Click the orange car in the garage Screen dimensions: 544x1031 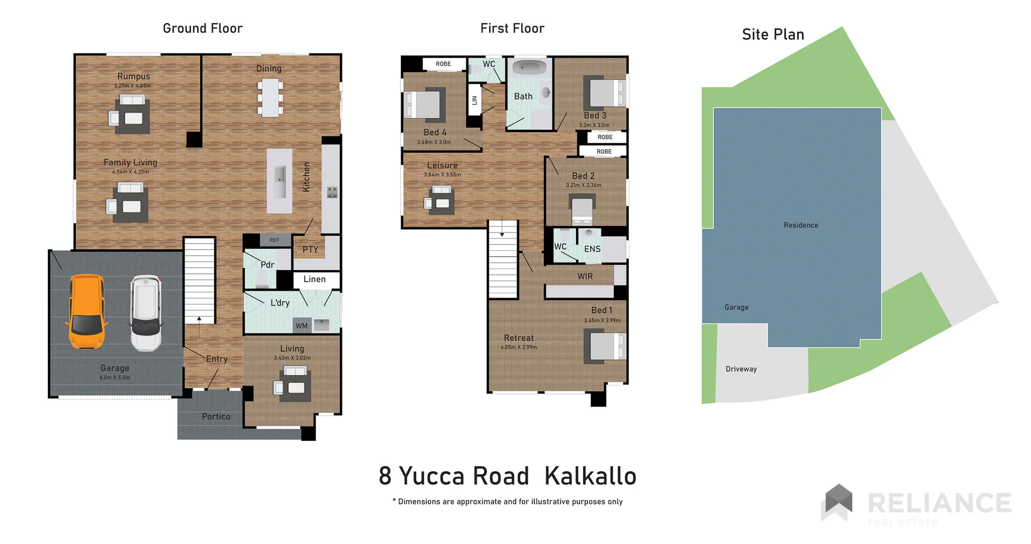point(86,312)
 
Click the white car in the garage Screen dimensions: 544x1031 point(146,313)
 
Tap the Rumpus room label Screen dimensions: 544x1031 point(134,76)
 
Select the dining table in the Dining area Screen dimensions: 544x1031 point(270,98)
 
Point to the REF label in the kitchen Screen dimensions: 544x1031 point(274,240)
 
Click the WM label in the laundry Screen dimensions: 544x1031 point(302,326)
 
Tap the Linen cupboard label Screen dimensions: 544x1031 point(315,279)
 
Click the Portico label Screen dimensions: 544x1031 point(216,417)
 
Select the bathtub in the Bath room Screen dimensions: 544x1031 point(529,68)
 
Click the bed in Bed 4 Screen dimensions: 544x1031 point(424,104)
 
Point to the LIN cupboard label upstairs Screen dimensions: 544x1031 point(474,100)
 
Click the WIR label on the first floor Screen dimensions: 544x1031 point(585,277)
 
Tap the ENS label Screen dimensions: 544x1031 point(592,249)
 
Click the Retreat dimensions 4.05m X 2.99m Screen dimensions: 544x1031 point(519,347)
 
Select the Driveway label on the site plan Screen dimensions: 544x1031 point(741,369)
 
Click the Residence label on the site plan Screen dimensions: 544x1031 point(801,225)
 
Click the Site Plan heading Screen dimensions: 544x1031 point(773,34)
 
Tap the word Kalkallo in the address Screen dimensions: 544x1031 point(590,476)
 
